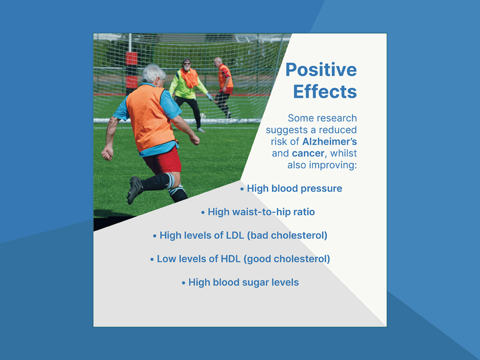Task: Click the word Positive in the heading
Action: tap(321, 70)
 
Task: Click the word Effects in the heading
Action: tap(325, 92)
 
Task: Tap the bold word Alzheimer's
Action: tap(330, 142)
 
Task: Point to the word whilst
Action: tap(344, 153)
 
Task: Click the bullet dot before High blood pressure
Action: tap(242, 189)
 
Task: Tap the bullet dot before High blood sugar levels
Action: tap(184, 283)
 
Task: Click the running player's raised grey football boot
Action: tap(134, 190)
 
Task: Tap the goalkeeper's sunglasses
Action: tap(187, 64)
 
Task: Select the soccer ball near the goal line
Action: tap(203, 116)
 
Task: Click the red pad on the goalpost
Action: tap(132, 58)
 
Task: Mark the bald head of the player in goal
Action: tap(218, 61)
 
